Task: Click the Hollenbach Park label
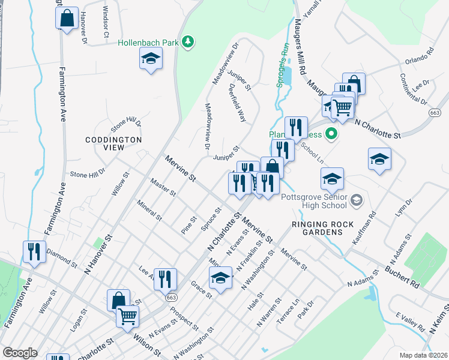click(148, 43)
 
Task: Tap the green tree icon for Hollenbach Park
click(188, 41)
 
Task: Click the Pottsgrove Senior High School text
click(314, 200)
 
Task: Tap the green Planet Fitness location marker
click(330, 133)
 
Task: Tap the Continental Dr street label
click(412, 88)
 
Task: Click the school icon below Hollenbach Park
click(151, 59)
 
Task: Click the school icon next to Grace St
click(220, 278)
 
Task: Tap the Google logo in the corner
click(20, 353)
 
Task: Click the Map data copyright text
click(423, 355)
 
